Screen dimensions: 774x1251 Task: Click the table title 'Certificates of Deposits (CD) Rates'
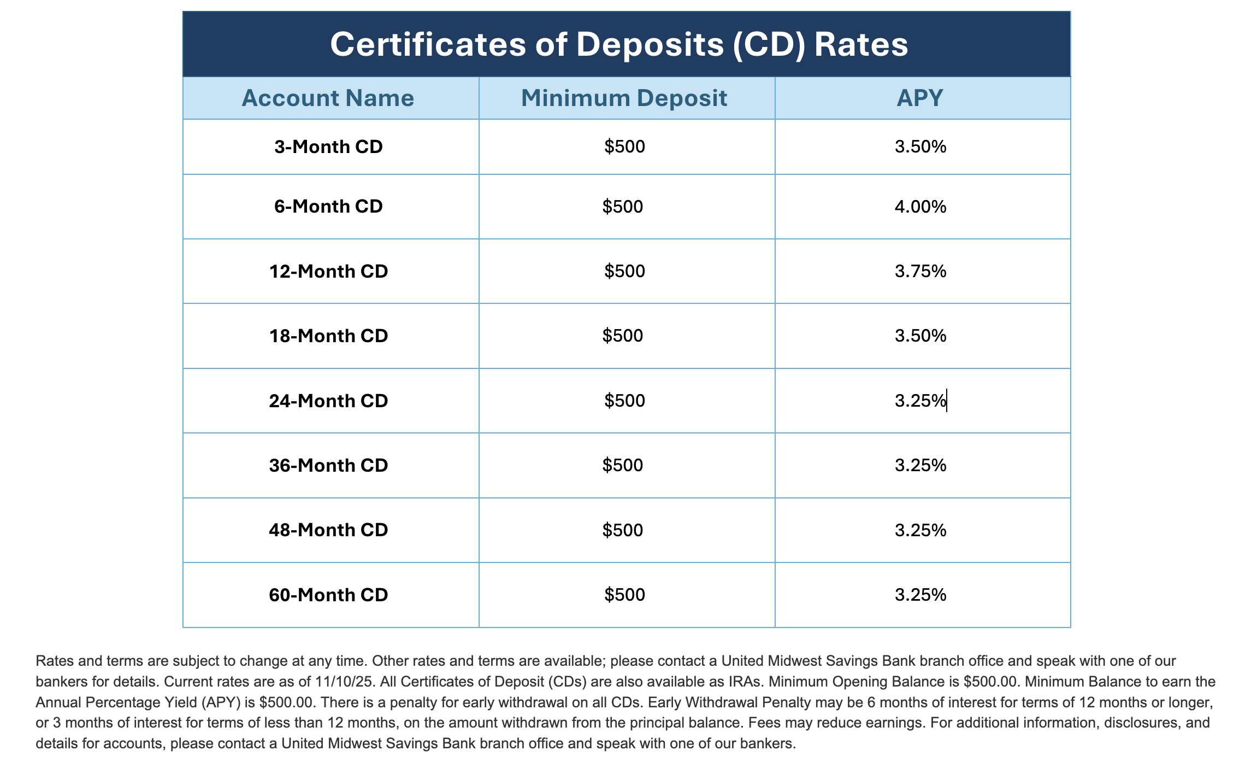[x=619, y=44]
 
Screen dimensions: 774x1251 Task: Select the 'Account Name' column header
[x=328, y=98]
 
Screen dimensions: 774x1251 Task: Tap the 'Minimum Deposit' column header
[x=624, y=98]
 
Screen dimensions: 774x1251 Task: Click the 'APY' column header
[x=920, y=98]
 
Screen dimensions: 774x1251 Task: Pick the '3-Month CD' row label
[x=328, y=147]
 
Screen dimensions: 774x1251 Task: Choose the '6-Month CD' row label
[x=328, y=207]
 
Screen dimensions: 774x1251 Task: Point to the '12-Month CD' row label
[x=328, y=271]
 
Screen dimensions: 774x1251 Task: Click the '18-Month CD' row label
[x=328, y=336]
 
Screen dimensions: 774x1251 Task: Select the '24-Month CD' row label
[x=328, y=401]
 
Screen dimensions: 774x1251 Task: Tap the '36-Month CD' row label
[x=328, y=465]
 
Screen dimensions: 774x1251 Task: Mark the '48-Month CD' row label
[x=328, y=530]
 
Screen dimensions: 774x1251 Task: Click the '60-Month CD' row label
[x=328, y=595]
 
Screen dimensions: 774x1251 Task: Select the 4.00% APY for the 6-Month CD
[x=920, y=207]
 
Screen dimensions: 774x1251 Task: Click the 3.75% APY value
[x=920, y=271]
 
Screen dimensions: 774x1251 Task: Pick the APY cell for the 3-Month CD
[x=920, y=147]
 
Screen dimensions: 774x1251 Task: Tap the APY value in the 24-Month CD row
[x=920, y=401]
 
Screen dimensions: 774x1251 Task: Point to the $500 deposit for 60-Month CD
[x=624, y=595]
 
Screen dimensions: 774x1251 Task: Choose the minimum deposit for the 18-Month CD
[x=623, y=336]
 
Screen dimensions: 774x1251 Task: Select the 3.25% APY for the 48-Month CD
[x=920, y=530]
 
